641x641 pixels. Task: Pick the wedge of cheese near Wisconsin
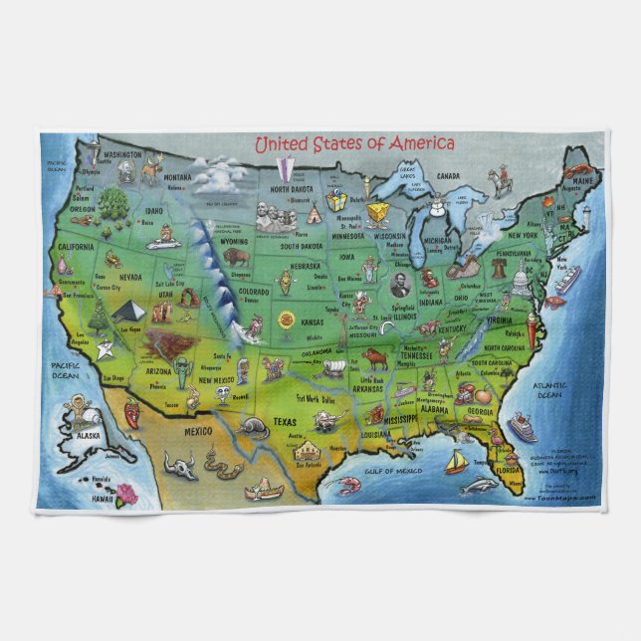377,213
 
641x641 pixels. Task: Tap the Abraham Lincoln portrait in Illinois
400,285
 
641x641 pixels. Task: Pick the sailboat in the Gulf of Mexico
457,461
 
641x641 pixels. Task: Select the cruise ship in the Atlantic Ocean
522,429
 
